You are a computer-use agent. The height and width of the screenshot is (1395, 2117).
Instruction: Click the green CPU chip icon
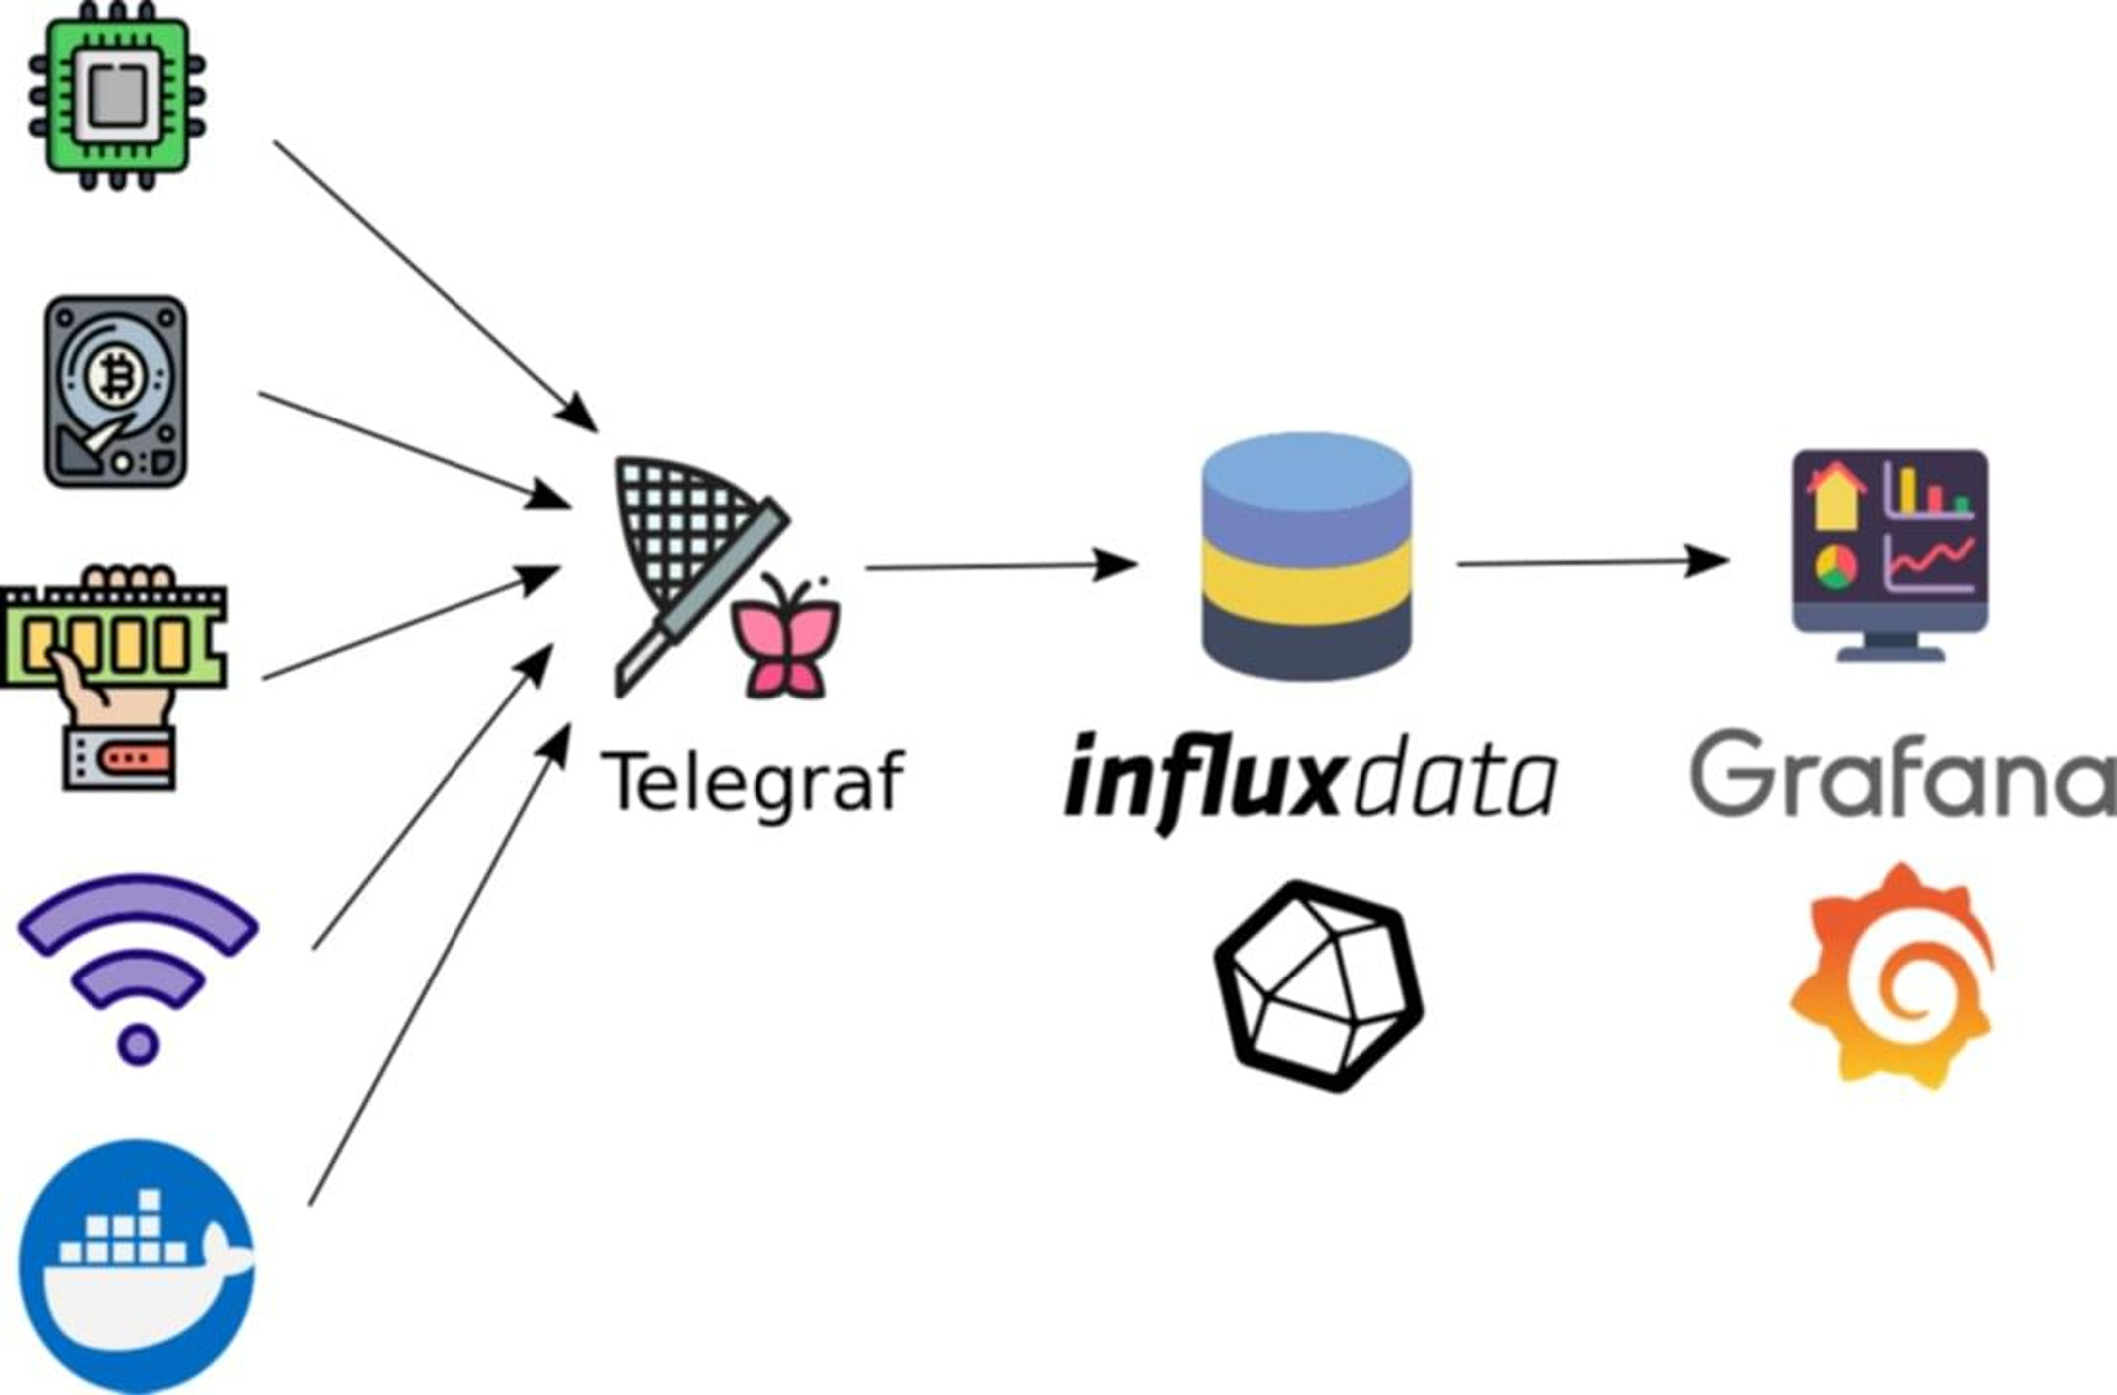coord(117,96)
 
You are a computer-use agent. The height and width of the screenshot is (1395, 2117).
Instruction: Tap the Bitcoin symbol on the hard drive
coord(118,376)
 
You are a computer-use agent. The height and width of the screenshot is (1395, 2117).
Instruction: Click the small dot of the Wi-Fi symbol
coord(138,1045)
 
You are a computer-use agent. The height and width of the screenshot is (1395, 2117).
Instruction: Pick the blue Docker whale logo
coord(138,1265)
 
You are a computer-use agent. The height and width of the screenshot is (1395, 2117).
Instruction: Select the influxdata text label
coord(1310,782)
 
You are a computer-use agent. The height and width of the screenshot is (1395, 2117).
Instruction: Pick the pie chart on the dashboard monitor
coord(1835,567)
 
